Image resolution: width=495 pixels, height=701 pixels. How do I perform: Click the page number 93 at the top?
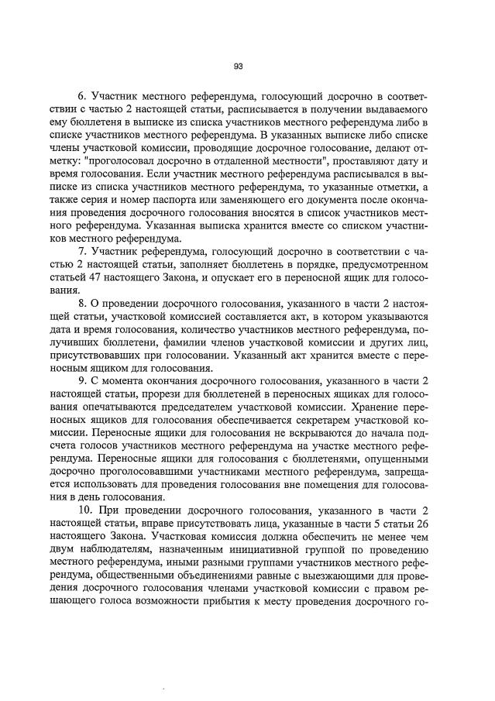point(239,66)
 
